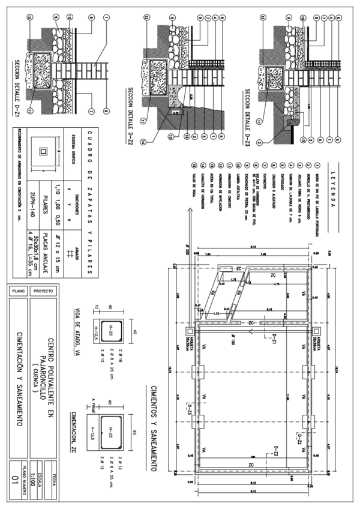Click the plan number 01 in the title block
tap(17, 478)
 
